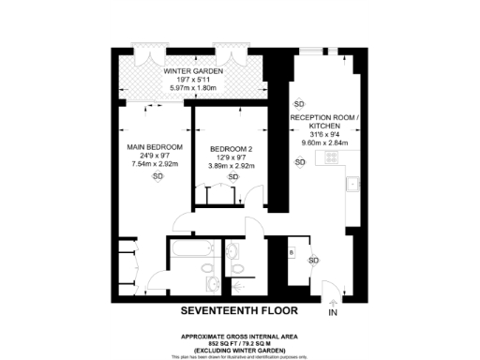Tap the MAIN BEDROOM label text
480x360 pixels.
(155, 148)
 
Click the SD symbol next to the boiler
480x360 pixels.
(313, 260)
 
